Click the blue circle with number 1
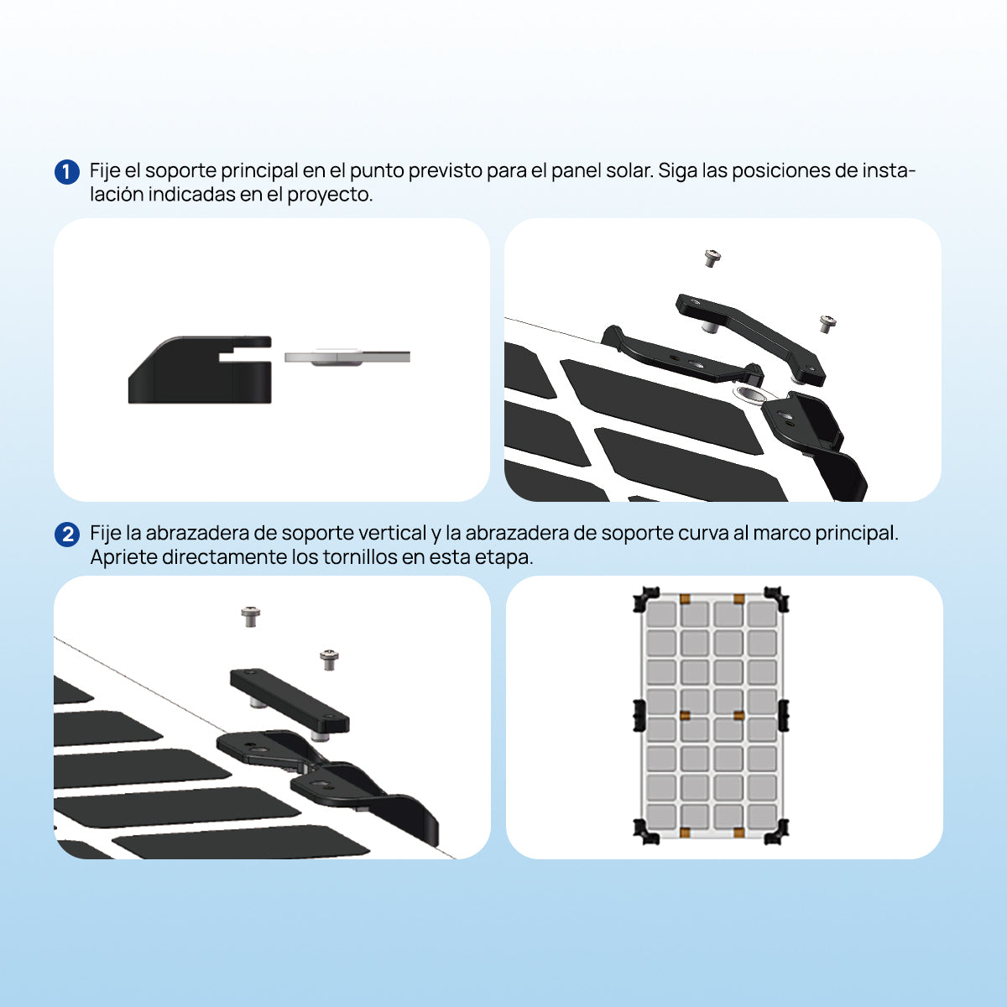pyautogui.click(x=67, y=172)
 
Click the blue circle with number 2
pyautogui.click(x=67, y=535)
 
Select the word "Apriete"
pyautogui.click(x=124, y=558)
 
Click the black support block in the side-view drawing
pyautogui.click(x=200, y=369)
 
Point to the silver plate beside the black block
pyautogui.click(x=347, y=357)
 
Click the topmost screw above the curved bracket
pyautogui.click(x=712, y=258)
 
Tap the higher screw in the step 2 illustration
pyautogui.click(x=251, y=617)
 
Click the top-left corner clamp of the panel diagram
pyautogui.click(x=646, y=599)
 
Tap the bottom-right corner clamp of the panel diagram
pyautogui.click(x=776, y=831)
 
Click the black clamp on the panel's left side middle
pyautogui.click(x=639, y=715)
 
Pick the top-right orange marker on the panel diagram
pyautogui.click(x=738, y=599)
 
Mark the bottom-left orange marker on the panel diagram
pyautogui.click(x=685, y=832)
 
